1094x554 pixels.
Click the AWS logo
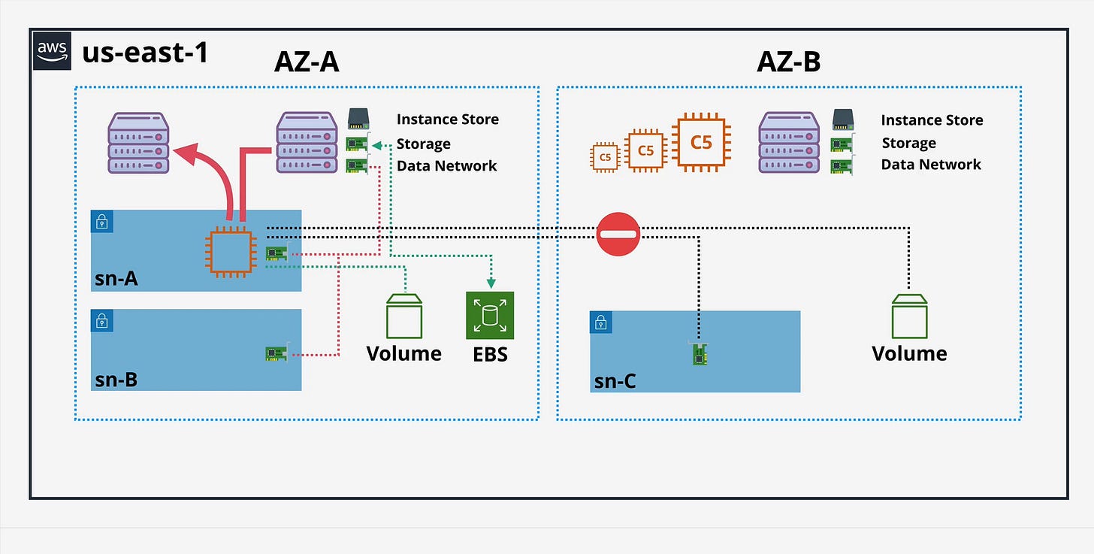[52, 51]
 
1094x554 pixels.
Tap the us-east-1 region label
[145, 52]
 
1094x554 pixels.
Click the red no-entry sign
[618, 234]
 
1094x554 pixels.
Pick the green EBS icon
[489, 316]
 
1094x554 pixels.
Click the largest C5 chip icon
[700, 141]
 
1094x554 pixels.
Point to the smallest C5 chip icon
[605, 156]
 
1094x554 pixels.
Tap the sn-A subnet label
[116, 279]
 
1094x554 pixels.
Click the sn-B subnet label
[116, 379]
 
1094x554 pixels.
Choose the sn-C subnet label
[615, 381]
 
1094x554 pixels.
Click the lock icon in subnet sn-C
[601, 322]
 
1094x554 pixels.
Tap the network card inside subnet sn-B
[277, 353]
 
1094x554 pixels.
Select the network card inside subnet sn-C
[700, 354]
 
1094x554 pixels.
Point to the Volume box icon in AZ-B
[908, 316]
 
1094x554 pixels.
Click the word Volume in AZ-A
[404, 353]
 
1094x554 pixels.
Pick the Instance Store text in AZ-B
[932, 120]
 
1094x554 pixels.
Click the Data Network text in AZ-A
[446, 166]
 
